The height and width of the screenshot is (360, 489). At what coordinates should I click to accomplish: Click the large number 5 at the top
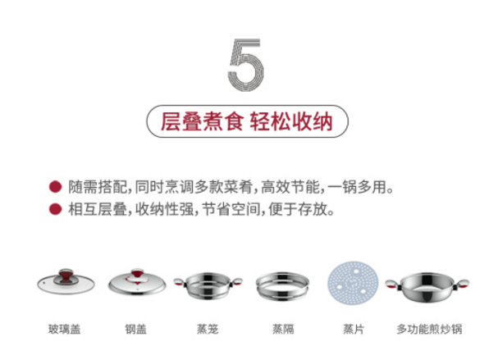(x=246, y=65)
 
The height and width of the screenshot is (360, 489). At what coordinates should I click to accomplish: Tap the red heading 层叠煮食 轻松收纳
(x=247, y=121)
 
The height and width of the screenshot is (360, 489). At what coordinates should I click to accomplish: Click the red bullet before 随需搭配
(x=56, y=187)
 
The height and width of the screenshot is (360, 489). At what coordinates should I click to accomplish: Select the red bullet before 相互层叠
(x=56, y=209)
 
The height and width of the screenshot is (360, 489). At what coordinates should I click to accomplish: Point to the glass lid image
(x=66, y=281)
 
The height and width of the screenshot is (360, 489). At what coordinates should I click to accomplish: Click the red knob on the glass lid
(x=65, y=276)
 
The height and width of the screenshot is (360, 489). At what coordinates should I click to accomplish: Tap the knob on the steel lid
(x=138, y=274)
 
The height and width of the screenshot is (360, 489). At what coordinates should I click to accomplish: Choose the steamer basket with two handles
(x=208, y=285)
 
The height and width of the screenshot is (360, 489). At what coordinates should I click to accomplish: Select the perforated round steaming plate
(x=353, y=284)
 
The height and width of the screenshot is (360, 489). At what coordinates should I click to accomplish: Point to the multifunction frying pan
(x=427, y=287)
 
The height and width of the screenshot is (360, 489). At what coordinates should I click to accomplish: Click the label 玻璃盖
(x=65, y=329)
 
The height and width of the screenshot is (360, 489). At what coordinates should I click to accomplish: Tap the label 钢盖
(x=136, y=329)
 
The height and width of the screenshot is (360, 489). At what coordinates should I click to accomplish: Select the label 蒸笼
(x=208, y=329)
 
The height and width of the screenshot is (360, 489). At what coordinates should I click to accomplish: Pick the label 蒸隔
(x=283, y=329)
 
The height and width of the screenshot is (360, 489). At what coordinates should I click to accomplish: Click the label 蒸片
(x=354, y=329)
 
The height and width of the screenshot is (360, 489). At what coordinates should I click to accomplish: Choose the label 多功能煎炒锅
(x=429, y=329)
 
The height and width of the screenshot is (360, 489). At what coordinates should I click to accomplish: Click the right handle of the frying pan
(x=462, y=285)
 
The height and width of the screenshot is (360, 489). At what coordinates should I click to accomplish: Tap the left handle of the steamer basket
(x=180, y=282)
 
